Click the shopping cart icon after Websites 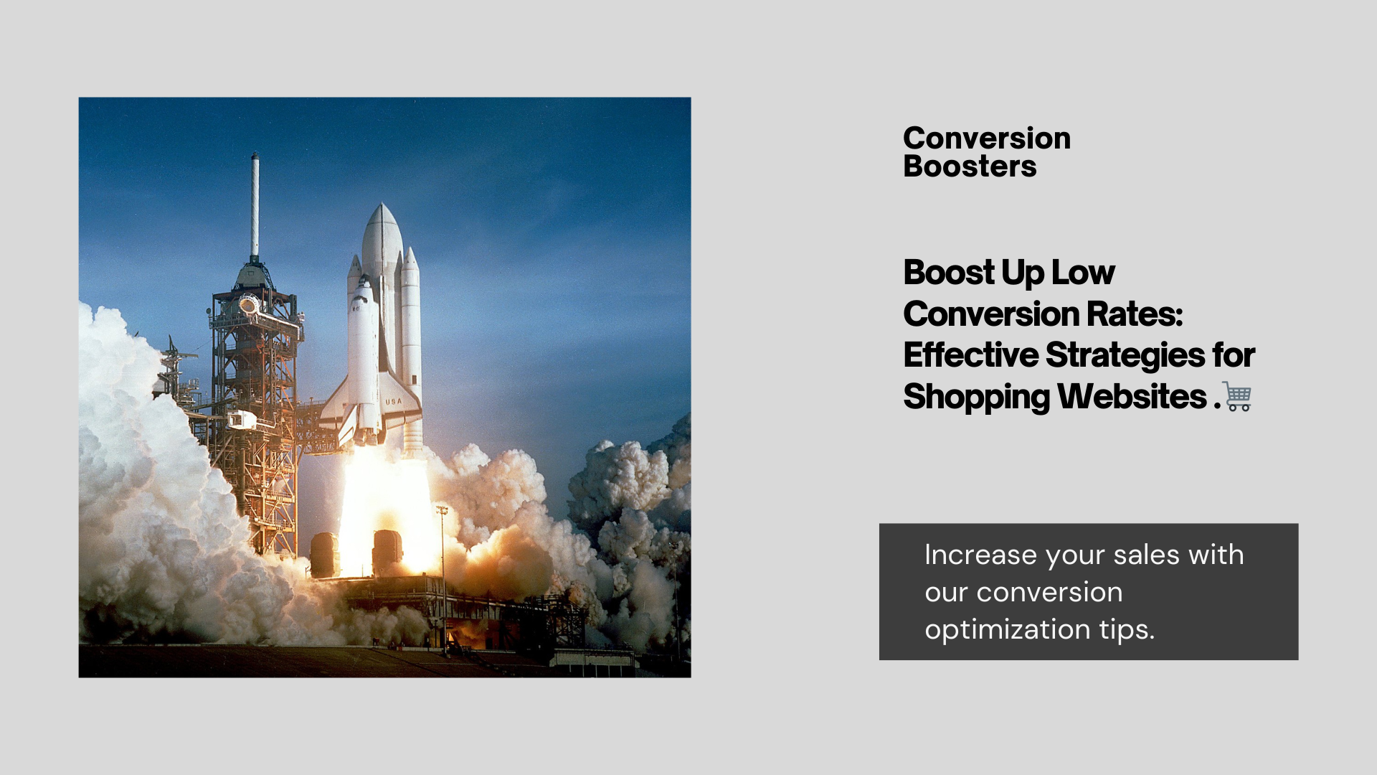pyautogui.click(x=1237, y=397)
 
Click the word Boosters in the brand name pyautogui.click(x=970, y=166)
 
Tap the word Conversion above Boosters pyautogui.click(x=987, y=138)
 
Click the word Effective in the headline pyautogui.click(x=971, y=355)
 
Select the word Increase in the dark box pyautogui.click(x=981, y=555)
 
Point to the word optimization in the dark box pyautogui.click(x=1008, y=630)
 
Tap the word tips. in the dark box pyautogui.click(x=1127, y=630)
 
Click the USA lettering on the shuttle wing pyautogui.click(x=394, y=401)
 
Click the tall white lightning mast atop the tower pyautogui.click(x=255, y=205)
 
